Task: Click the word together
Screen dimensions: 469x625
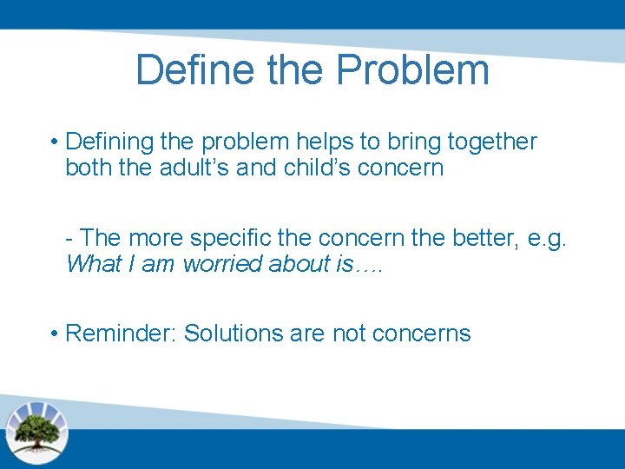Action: pyautogui.click(x=492, y=142)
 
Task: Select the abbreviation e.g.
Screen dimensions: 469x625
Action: pyautogui.click(x=548, y=238)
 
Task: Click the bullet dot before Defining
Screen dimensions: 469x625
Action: pyautogui.click(x=54, y=142)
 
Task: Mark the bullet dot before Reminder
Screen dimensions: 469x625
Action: pyautogui.click(x=54, y=334)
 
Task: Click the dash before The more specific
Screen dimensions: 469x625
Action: pyautogui.click(x=69, y=238)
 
